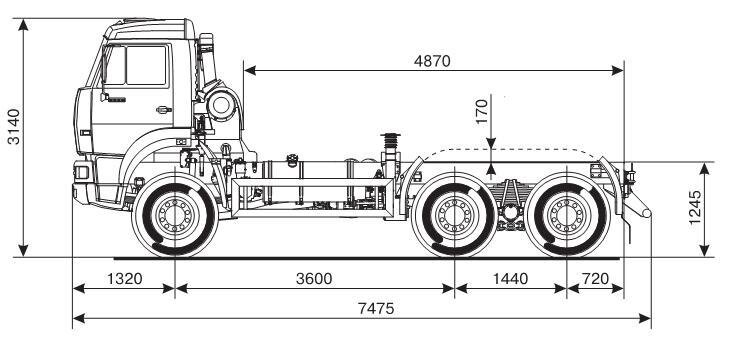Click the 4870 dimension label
[432, 61]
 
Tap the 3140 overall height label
[15, 126]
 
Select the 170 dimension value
[482, 111]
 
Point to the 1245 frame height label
[695, 207]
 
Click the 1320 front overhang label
[125, 279]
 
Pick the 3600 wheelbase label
[314, 279]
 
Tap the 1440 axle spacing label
[510, 279]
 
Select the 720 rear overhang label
[595, 279]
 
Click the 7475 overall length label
[376, 309]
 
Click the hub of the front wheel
[175, 215]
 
